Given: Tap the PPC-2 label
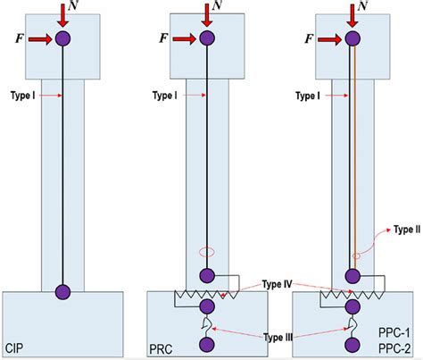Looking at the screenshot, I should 390,347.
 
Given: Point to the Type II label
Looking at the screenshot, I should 404,229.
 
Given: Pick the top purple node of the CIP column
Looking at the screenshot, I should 62,38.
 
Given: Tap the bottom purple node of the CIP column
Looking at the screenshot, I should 62,291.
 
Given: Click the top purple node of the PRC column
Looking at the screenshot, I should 207,38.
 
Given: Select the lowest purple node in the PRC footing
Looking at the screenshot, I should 207,344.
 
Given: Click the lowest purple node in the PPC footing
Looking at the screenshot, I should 352,344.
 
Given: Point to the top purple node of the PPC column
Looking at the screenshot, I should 352,38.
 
